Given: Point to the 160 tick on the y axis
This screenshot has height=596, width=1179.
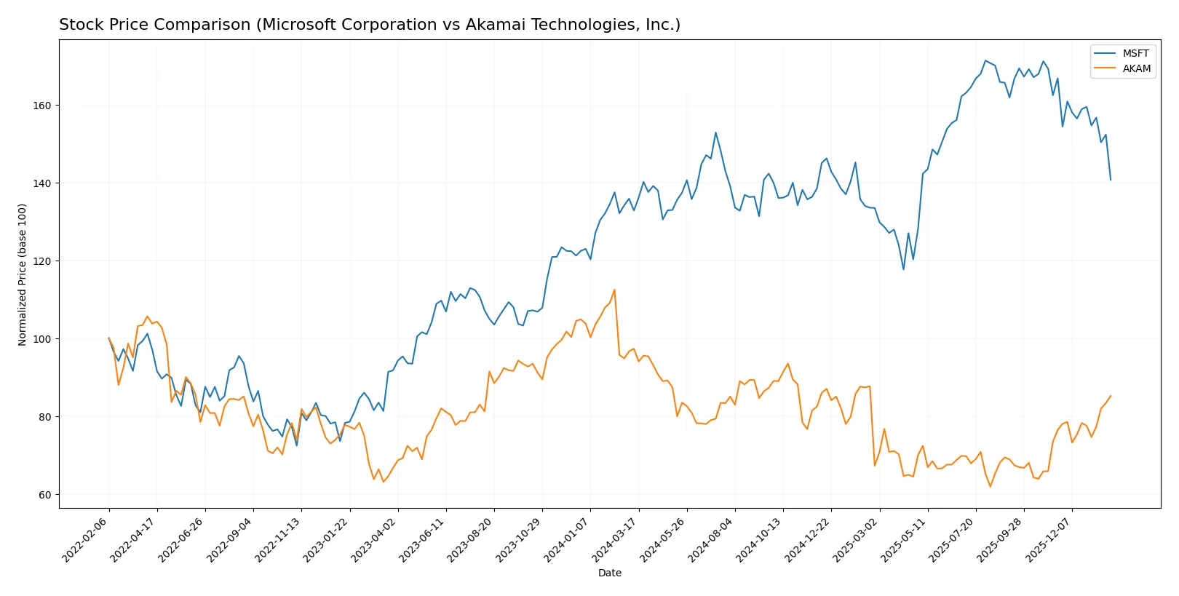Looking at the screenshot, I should pyautogui.click(x=42, y=106).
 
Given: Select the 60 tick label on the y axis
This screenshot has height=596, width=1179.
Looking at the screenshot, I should pyautogui.click(x=45, y=495).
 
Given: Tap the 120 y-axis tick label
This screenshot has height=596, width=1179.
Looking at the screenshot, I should pyautogui.click(x=42, y=261).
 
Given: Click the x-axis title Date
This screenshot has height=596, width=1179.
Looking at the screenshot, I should pyautogui.click(x=609, y=573).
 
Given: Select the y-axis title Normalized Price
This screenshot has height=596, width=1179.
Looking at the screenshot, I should pyautogui.click(x=23, y=274).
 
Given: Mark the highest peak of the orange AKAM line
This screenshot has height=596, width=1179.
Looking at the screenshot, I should pyautogui.click(x=614, y=290).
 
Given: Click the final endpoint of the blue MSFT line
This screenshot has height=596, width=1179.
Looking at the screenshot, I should pyautogui.click(x=1111, y=180).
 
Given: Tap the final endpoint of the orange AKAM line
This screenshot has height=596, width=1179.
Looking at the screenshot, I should pyautogui.click(x=1111, y=396).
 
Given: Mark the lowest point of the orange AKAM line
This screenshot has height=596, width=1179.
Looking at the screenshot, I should pyautogui.click(x=990, y=486).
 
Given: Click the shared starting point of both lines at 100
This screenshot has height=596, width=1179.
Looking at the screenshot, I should pyautogui.click(x=109, y=338).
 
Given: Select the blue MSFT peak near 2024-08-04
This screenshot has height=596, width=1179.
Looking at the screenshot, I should pyautogui.click(x=715, y=132).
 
